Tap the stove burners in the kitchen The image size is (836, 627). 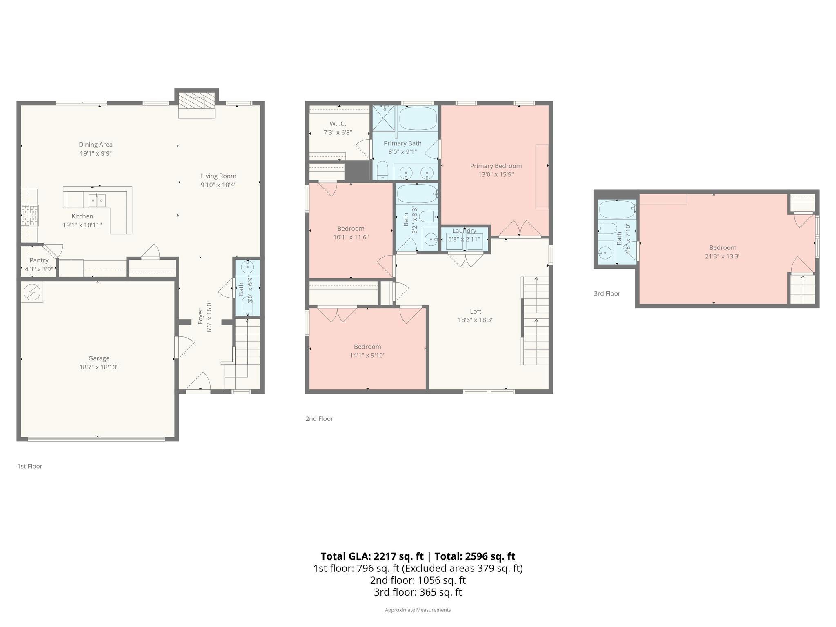point(29,215)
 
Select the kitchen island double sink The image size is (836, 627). point(97,200)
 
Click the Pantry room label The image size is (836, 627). point(39,260)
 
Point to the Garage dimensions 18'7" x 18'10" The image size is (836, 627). point(99,367)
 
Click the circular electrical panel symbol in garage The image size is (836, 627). point(30,291)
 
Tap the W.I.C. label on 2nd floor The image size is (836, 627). point(338,124)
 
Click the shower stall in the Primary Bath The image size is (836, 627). point(384,118)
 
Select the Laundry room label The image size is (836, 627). point(464,231)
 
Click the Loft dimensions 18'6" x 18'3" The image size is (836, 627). point(475,320)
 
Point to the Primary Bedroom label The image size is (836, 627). point(496,166)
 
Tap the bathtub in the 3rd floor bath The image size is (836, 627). point(616,209)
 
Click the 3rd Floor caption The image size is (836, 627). point(607,293)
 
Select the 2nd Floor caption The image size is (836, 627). point(319,419)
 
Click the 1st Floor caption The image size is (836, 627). point(29,466)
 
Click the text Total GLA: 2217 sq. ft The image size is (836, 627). point(372,556)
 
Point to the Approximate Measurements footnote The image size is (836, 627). point(418,610)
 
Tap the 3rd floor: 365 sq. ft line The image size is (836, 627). point(418,592)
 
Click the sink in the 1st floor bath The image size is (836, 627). point(247,267)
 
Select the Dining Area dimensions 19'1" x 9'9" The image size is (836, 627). point(96,153)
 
